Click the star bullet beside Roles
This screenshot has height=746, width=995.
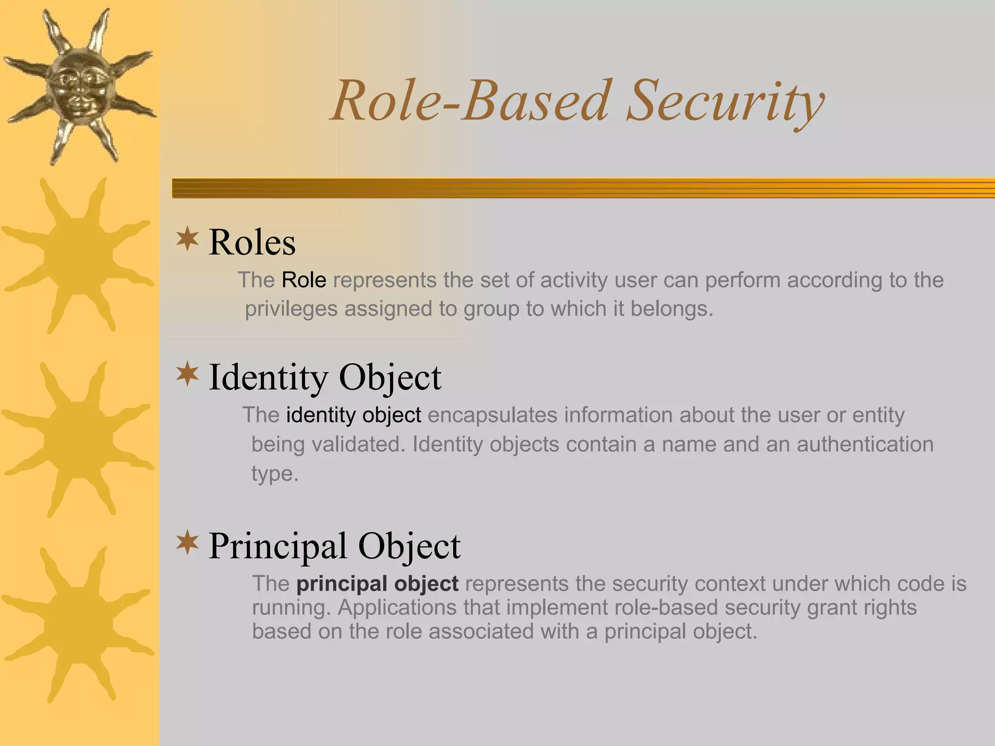coord(188,239)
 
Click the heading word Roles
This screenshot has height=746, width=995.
coord(252,242)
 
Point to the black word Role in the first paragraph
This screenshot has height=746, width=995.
coord(304,280)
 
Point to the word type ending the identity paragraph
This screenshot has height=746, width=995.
coord(274,474)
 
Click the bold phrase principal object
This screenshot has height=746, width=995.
coord(377,584)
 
